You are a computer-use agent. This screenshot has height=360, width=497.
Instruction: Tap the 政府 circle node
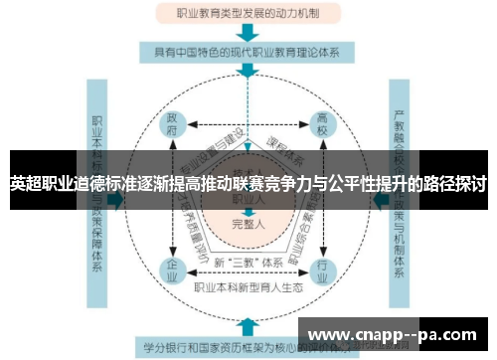pyautogui.click(x=173, y=129)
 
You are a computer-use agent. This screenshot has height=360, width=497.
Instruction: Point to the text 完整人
pyautogui.click(x=248, y=224)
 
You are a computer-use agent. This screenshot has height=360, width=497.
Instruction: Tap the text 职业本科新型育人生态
pyautogui.click(x=248, y=287)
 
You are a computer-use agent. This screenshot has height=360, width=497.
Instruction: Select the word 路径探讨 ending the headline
pyautogui.click(x=453, y=184)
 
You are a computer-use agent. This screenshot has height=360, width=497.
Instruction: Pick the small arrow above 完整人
pyautogui.click(x=248, y=210)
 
